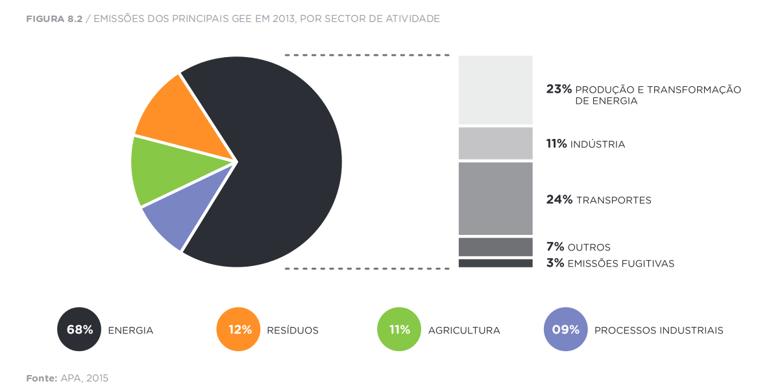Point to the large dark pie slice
[279, 162]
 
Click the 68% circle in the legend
[80, 330]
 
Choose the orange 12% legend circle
[239, 330]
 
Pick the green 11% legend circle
[399, 330]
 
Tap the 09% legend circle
[565, 330]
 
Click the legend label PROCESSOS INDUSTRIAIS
[658, 330]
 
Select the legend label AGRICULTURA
[463, 330]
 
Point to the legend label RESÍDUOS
[292, 330]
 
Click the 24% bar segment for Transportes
[495, 199]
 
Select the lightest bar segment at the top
[495, 90]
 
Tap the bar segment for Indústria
[495, 143]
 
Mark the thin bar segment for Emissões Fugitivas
[495, 263]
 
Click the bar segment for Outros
[495, 247]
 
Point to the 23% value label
[559, 90]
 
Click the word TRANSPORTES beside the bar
[613, 201]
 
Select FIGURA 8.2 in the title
[54, 19]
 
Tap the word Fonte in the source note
[42, 378]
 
